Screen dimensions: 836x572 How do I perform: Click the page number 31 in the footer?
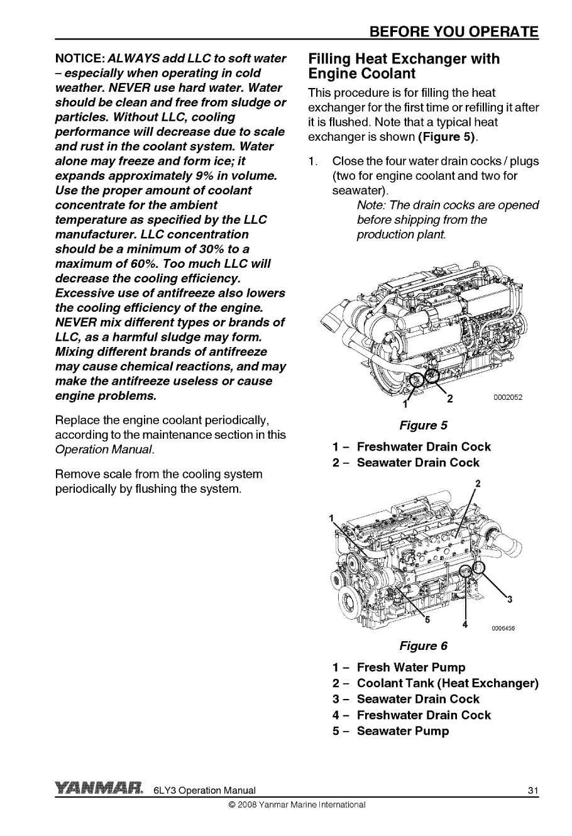coord(533,791)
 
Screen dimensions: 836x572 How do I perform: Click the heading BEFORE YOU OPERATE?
coord(454,32)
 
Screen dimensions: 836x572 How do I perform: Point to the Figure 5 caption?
coord(423,426)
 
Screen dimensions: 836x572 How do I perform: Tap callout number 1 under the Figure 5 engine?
coord(405,404)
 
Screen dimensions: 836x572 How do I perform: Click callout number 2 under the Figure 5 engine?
coord(449,399)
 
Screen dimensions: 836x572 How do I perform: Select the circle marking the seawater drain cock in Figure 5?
coord(432,376)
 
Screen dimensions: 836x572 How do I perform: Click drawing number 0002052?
coord(508,397)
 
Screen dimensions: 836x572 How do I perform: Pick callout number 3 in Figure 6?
coord(510,598)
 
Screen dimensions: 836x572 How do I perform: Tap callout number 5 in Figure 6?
coord(427,622)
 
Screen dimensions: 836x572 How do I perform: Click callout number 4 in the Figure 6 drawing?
coord(465,624)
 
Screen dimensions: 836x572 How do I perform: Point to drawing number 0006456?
coord(503,627)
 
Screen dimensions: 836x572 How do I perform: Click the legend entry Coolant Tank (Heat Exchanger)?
coord(448,683)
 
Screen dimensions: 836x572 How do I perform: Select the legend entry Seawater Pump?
coord(402,731)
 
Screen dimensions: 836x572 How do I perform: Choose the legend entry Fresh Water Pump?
coord(410,667)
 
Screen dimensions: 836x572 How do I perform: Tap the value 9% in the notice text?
coord(193,175)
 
